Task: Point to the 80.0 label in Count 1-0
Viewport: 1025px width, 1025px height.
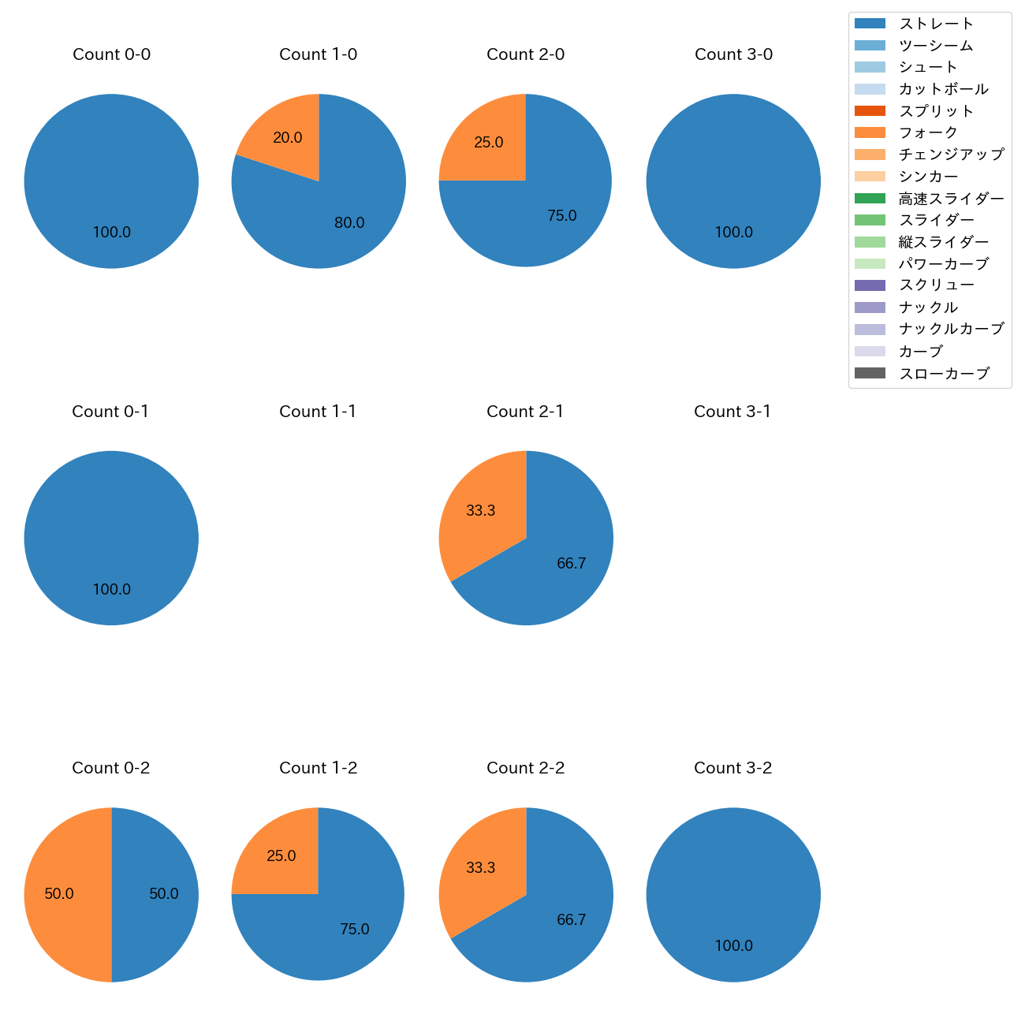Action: click(349, 223)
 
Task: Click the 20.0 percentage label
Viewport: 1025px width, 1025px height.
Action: click(288, 138)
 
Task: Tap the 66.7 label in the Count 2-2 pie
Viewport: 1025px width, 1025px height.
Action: click(571, 920)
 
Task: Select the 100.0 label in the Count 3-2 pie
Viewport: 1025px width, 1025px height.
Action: click(733, 946)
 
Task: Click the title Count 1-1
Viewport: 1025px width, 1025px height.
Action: click(318, 412)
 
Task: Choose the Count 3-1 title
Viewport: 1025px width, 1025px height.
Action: click(732, 412)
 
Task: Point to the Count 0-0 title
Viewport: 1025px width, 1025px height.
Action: click(111, 54)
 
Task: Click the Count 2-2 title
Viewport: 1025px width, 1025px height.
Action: click(525, 768)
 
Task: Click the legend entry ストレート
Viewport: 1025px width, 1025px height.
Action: click(936, 24)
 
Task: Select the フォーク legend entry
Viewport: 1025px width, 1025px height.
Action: click(928, 132)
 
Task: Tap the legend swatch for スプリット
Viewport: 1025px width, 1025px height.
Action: click(870, 111)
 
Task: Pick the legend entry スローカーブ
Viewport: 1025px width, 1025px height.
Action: click(944, 374)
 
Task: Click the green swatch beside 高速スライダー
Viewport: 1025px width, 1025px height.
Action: click(870, 199)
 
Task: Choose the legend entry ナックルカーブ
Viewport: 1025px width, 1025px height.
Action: click(951, 329)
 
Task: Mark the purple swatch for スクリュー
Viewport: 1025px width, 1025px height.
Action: click(870, 285)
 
